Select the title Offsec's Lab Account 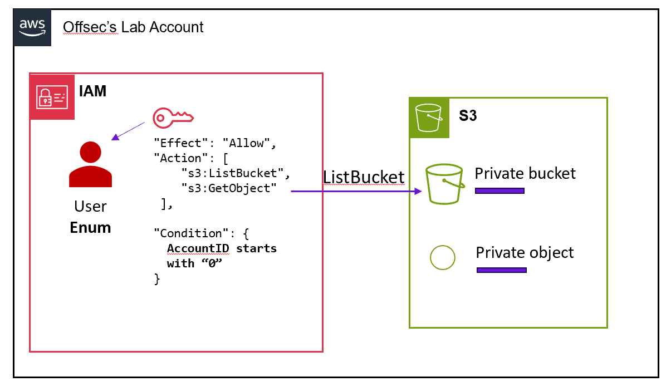click(x=133, y=27)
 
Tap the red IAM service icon click(x=52, y=96)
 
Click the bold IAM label click(x=92, y=91)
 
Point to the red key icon click(x=173, y=116)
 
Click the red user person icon click(x=90, y=164)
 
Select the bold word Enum click(x=90, y=227)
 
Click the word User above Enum click(x=90, y=207)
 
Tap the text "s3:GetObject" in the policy click(x=229, y=188)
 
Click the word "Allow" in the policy click(x=246, y=143)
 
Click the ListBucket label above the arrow click(x=364, y=177)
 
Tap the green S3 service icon click(x=429, y=118)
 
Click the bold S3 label click(x=468, y=116)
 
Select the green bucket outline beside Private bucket click(x=444, y=185)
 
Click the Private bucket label click(x=525, y=173)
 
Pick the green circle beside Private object click(x=443, y=257)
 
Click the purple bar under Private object click(x=501, y=271)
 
